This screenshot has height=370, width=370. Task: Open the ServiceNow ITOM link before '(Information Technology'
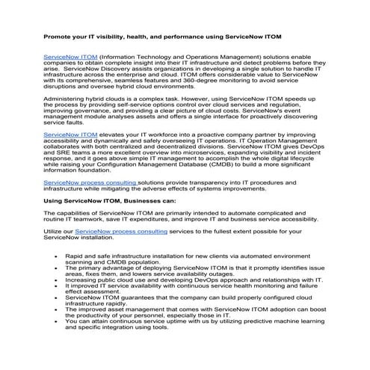(x=70, y=57)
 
